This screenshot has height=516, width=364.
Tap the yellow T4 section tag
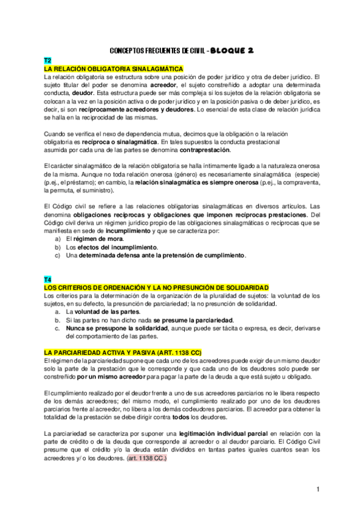[47, 279]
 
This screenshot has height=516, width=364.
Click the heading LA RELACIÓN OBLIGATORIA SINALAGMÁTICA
[113, 69]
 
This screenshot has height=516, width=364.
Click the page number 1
[317, 489]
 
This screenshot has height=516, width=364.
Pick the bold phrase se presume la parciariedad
[193, 320]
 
